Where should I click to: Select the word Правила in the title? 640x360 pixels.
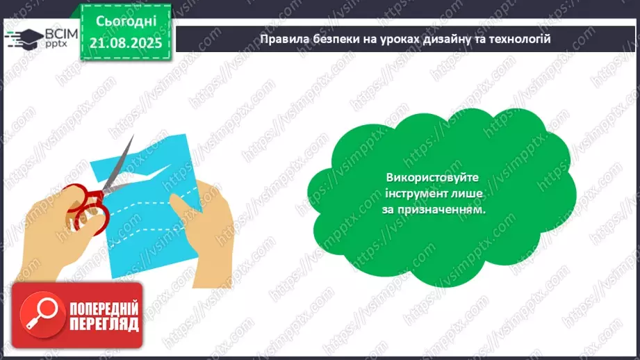(281, 39)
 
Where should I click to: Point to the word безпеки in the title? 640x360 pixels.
(331, 39)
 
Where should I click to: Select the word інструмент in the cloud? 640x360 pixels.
(411, 194)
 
